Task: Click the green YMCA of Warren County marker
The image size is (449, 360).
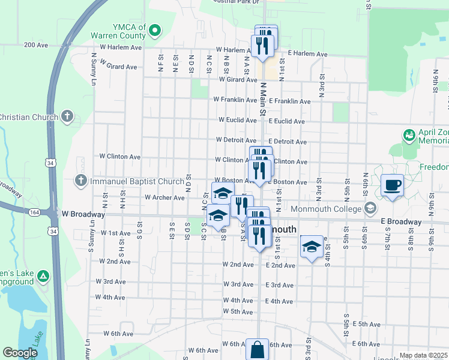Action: pos(154,29)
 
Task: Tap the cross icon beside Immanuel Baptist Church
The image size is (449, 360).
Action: pos(81,181)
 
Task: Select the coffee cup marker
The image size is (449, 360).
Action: pos(393,185)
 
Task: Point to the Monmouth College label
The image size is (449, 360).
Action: pos(327,209)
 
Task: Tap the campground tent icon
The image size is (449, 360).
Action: pos(43,276)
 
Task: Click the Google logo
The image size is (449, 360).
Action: pos(20,353)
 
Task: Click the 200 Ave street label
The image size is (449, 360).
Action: pos(36,45)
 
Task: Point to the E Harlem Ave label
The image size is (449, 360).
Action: pos(307,54)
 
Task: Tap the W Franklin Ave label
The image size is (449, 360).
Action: pos(235,100)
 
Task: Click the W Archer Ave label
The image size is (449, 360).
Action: pos(164,197)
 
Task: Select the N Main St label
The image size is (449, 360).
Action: pos(262,100)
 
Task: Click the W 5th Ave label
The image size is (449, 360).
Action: pos(238,311)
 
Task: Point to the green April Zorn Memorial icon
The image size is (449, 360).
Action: pos(409,134)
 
